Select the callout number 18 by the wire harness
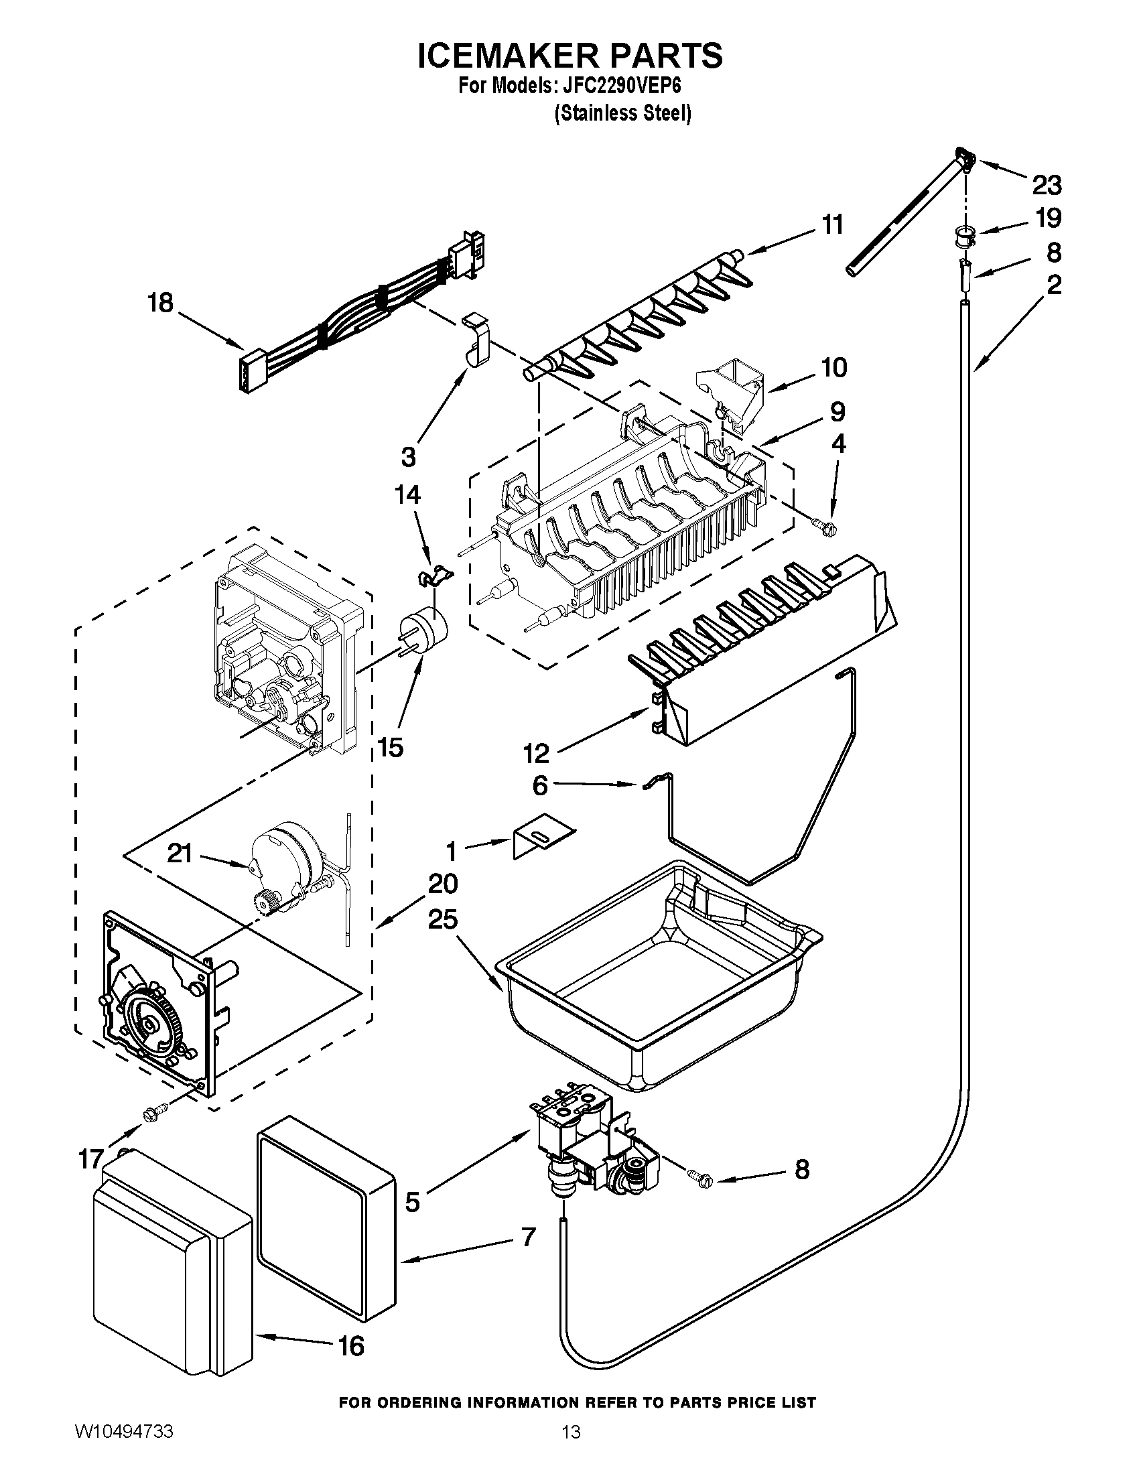tap(161, 303)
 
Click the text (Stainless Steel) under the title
tap(622, 113)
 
